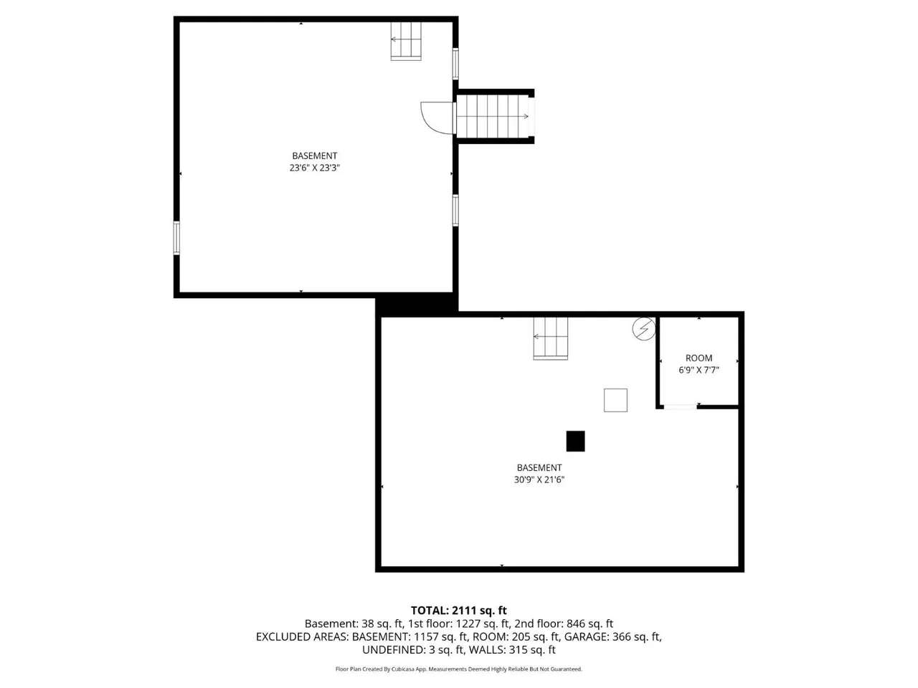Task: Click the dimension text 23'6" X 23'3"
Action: coord(315,168)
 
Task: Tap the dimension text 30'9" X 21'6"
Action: coord(539,479)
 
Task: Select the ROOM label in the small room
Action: coord(699,358)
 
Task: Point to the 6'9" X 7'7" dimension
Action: coord(699,370)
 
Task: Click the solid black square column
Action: coord(575,441)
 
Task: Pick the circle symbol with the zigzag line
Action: coord(644,329)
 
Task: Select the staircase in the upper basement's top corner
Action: coord(406,41)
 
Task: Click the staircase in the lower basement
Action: coord(550,338)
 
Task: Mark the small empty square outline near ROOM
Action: coord(615,400)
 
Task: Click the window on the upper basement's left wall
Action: coord(176,238)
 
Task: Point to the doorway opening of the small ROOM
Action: coord(681,406)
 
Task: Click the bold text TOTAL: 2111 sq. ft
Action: coord(459,611)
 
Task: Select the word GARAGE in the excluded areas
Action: coord(587,637)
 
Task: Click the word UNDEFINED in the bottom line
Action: coord(394,650)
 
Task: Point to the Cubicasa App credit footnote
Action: coord(459,669)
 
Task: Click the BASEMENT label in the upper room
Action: coord(315,156)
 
